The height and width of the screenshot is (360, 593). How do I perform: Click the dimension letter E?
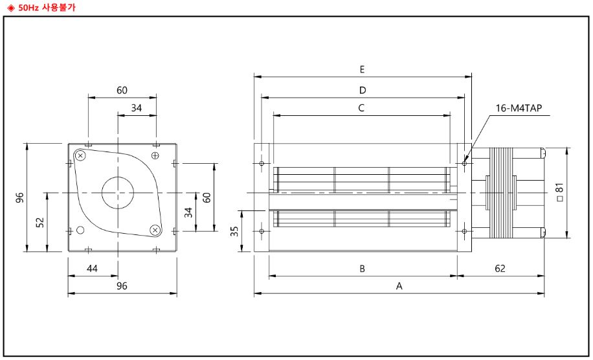pyautogui.click(x=363, y=69)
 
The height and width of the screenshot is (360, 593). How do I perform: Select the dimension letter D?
pyautogui.click(x=363, y=89)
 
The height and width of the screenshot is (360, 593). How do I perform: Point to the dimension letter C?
pyautogui.click(x=361, y=107)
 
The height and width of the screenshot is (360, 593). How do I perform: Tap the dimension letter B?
pyautogui.click(x=363, y=268)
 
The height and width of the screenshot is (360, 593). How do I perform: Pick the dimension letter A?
pyautogui.click(x=399, y=286)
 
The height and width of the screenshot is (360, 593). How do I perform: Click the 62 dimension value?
pyautogui.click(x=500, y=268)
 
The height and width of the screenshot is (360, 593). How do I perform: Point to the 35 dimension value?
pyautogui.click(x=235, y=231)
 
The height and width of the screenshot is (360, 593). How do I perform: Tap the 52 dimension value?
pyautogui.click(x=40, y=222)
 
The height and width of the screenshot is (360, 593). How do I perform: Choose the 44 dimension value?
pyautogui.click(x=93, y=268)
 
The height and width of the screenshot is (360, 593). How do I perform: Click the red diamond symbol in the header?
pyautogui.click(x=10, y=6)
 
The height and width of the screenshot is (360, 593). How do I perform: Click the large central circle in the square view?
pyautogui.click(x=118, y=192)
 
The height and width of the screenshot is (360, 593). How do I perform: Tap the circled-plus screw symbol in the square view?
pyautogui.click(x=155, y=155)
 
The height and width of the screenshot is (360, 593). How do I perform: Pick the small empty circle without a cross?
pyautogui.click(x=81, y=230)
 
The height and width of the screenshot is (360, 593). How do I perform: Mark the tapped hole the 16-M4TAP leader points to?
pyautogui.click(x=465, y=163)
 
